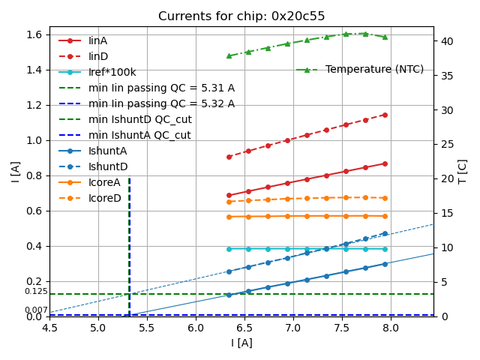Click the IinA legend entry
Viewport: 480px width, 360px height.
pyautogui.click(x=97, y=40)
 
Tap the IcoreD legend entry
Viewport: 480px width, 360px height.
pyautogui.click(x=104, y=198)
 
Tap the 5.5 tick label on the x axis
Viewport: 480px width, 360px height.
pyautogui.click(x=147, y=328)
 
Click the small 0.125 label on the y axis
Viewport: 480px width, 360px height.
pyautogui.click(x=36, y=291)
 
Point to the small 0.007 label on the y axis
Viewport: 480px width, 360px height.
pyautogui.click(x=36, y=310)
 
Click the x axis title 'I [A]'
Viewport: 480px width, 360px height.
pyautogui.click(x=241, y=343)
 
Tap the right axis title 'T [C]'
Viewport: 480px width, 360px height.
pyautogui.click(x=463, y=171)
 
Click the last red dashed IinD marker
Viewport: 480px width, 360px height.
pyautogui.click(x=385, y=115)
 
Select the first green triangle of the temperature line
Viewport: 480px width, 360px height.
pyautogui.click(x=229, y=55)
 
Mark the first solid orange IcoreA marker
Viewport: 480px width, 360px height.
pyautogui.click(x=229, y=217)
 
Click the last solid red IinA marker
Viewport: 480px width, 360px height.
pyautogui.click(x=385, y=163)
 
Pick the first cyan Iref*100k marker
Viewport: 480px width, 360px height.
pyautogui.click(x=229, y=249)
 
